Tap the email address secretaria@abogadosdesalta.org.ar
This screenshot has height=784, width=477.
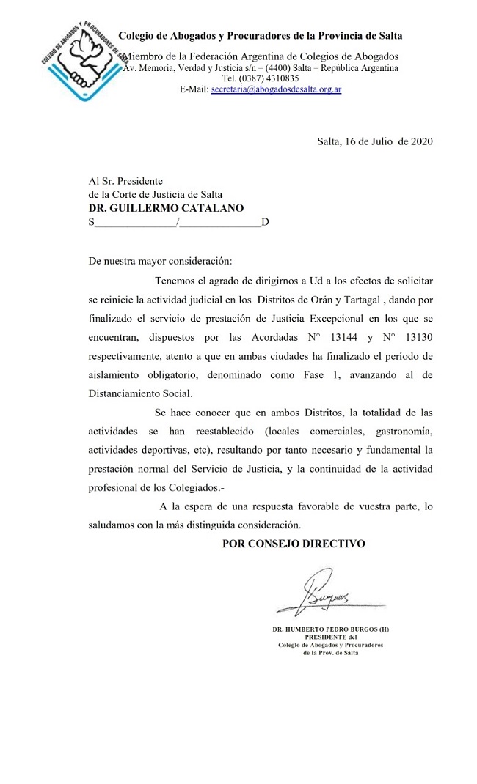[276, 89]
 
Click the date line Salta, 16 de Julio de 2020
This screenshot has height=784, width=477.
[375, 141]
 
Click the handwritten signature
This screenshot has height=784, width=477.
[323, 593]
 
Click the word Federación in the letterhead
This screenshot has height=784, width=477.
[218, 56]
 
